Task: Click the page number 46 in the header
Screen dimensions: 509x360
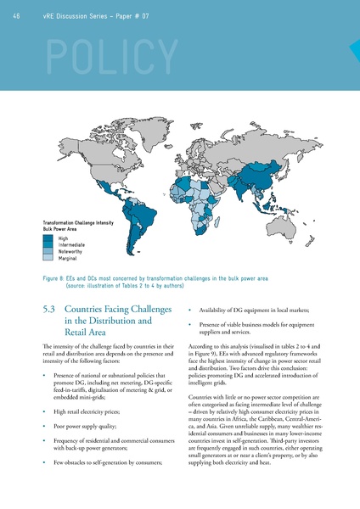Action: click(18, 15)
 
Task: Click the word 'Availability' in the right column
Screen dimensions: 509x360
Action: click(214, 310)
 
